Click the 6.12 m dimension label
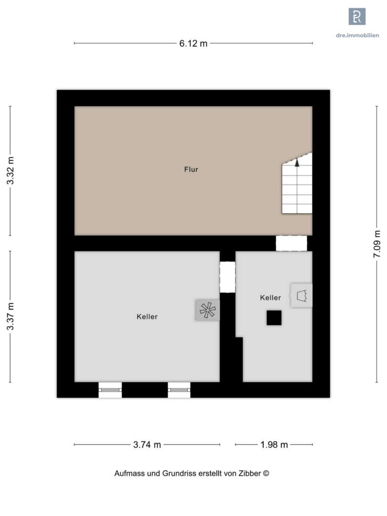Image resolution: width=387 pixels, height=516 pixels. (x=193, y=43)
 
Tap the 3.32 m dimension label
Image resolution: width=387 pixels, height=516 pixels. (x=11, y=171)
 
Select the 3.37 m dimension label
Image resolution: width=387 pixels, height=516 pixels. (x=11, y=316)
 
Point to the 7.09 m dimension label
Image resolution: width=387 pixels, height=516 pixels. (x=377, y=244)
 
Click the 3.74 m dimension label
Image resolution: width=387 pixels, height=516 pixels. (x=147, y=445)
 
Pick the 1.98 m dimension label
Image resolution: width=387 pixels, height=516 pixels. (x=274, y=445)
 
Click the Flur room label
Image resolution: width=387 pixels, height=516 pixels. (x=191, y=170)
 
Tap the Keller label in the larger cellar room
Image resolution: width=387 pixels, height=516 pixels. (x=147, y=317)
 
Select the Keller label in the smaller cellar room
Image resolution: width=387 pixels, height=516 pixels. (x=270, y=298)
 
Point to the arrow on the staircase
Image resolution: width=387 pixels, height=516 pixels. (x=297, y=163)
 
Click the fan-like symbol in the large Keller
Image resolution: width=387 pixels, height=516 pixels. (x=208, y=310)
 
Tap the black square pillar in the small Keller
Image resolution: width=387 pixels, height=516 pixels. (x=274, y=318)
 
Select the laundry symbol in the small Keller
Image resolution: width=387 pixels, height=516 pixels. (x=302, y=296)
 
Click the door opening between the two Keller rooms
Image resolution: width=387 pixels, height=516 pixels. (x=228, y=277)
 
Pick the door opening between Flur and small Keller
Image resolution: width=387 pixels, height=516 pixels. (x=291, y=243)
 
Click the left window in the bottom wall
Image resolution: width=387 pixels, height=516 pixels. (x=110, y=390)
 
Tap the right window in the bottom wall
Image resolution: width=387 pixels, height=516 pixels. (x=179, y=390)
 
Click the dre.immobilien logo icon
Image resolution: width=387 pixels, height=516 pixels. (x=357, y=16)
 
